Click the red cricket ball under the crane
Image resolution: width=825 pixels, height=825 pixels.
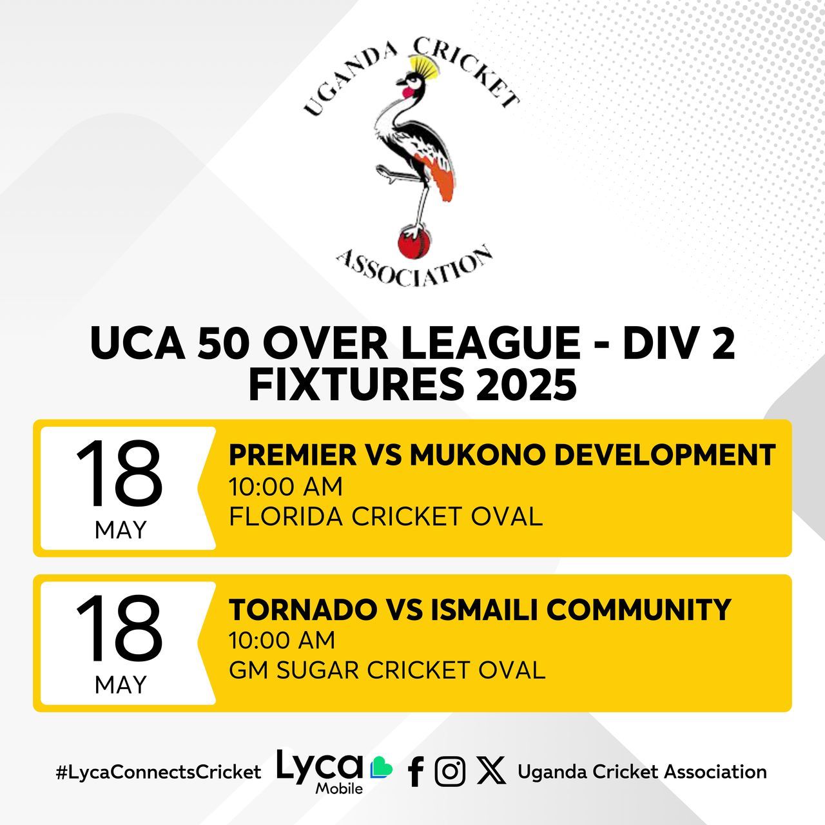(x=414, y=244)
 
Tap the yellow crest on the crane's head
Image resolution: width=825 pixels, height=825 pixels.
(x=423, y=66)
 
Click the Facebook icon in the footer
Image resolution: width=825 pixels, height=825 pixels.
(x=415, y=772)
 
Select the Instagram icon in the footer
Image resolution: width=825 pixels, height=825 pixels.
(x=450, y=772)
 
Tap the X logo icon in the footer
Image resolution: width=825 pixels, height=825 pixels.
(x=491, y=771)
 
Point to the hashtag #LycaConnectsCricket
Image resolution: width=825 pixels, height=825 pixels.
(x=159, y=772)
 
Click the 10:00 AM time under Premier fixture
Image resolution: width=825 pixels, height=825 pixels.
(x=286, y=487)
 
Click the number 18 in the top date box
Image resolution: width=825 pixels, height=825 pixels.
(x=119, y=473)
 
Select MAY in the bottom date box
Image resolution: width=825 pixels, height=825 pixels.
(x=121, y=684)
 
